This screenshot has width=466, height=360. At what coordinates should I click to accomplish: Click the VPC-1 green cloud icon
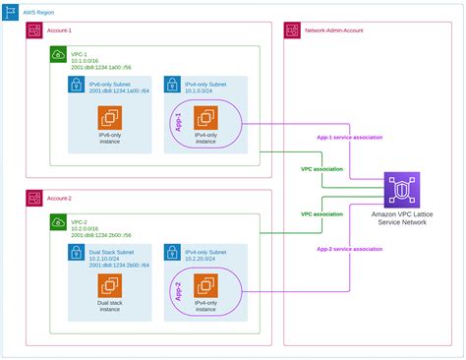[57, 54]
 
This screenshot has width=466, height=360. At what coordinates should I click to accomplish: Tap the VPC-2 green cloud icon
[57, 223]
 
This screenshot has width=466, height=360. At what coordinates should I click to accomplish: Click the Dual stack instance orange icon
[108, 287]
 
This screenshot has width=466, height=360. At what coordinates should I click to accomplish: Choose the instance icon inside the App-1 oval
[205, 119]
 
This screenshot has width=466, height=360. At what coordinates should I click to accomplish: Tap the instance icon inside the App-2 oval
[205, 286]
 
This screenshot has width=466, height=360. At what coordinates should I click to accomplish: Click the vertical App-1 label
[179, 124]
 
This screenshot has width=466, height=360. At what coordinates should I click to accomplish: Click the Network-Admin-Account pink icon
[292, 31]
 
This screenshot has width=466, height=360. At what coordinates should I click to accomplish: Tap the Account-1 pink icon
[34, 31]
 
